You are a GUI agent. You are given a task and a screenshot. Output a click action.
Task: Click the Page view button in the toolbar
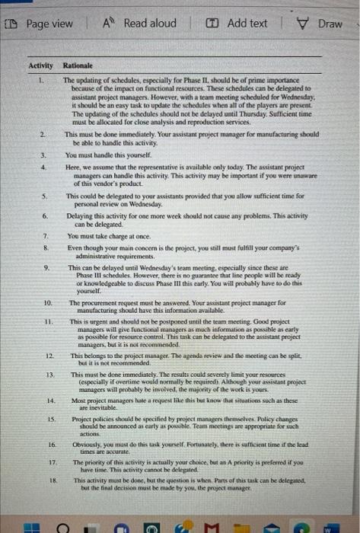pyautogui.click(x=43, y=23)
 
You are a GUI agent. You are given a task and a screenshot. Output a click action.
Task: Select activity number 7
pyautogui.click(x=44, y=235)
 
